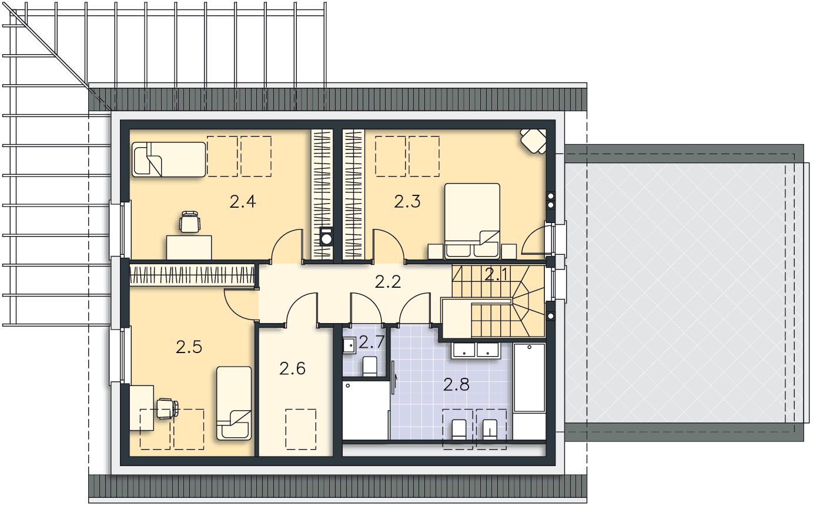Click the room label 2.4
(x=243, y=202)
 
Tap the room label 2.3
(x=407, y=202)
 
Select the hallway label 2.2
(x=388, y=282)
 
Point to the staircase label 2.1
(x=496, y=274)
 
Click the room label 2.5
(x=189, y=347)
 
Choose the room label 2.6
(x=293, y=368)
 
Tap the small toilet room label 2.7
(x=371, y=342)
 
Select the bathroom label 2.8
(x=456, y=385)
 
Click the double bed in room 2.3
(x=472, y=221)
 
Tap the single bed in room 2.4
(x=169, y=159)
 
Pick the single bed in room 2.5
(x=234, y=403)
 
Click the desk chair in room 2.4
(x=190, y=222)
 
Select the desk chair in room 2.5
(x=168, y=408)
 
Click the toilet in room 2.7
(x=370, y=366)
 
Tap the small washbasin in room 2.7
(x=349, y=345)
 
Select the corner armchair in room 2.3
(x=534, y=141)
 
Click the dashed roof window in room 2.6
(x=301, y=429)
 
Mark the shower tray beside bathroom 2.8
(x=366, y=410)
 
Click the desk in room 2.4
(x=189, y=247)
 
